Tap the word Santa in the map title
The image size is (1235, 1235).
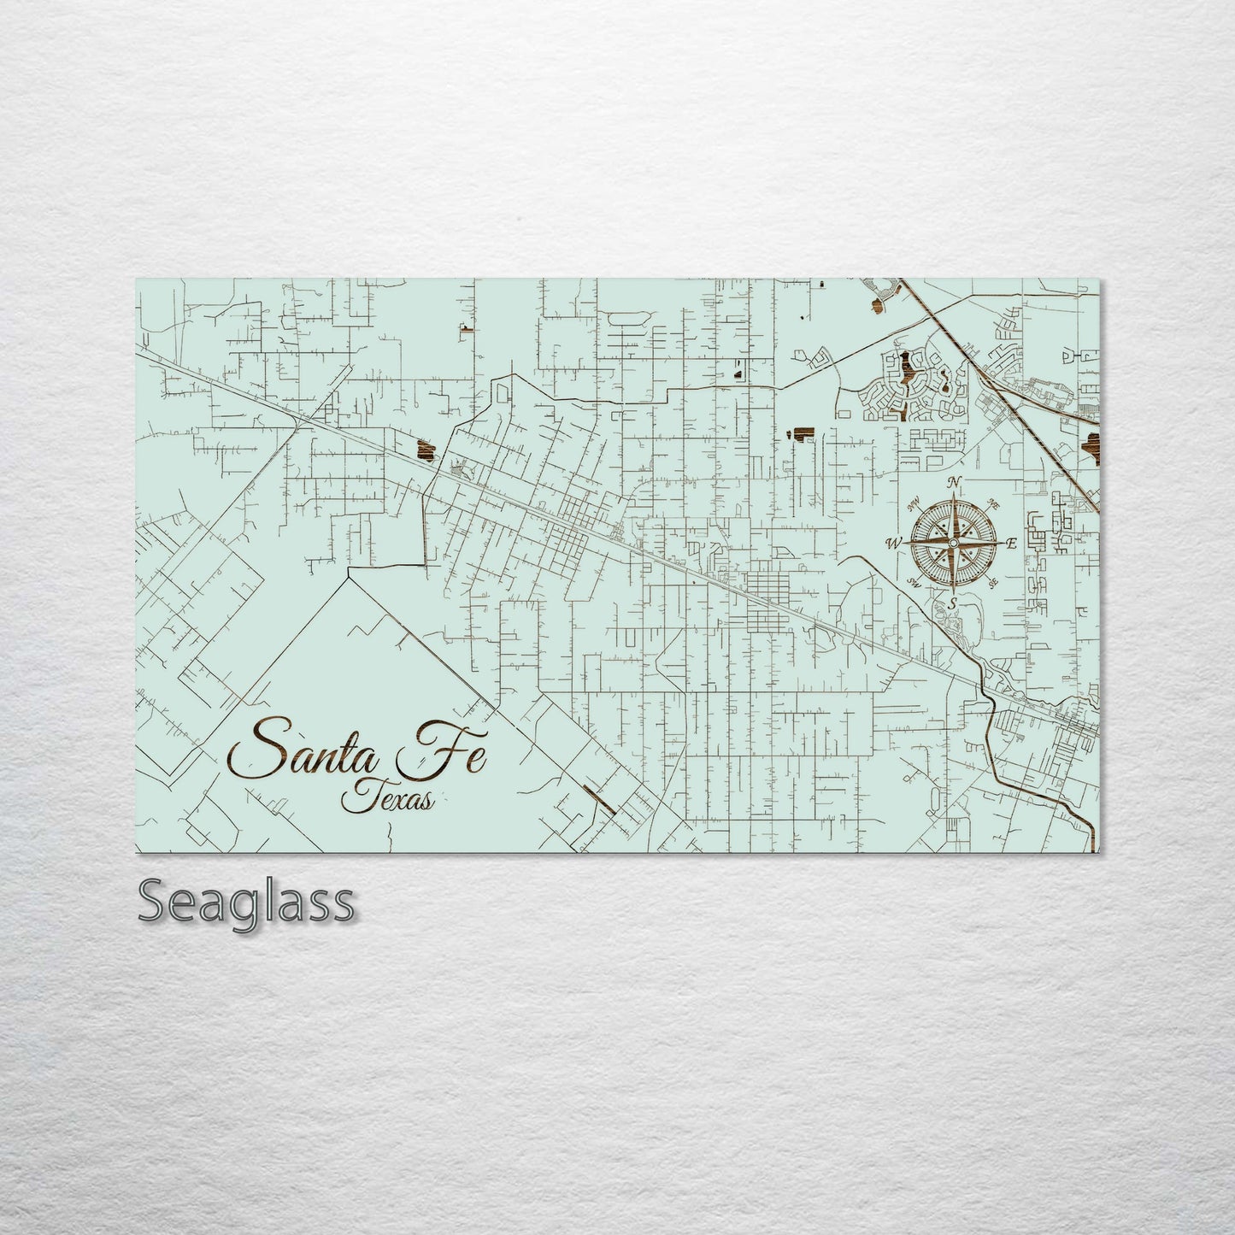311,750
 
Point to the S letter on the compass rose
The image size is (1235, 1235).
952,603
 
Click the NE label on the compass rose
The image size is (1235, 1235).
993,504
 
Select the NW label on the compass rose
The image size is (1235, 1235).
912,503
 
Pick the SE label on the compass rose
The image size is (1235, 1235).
993,584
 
